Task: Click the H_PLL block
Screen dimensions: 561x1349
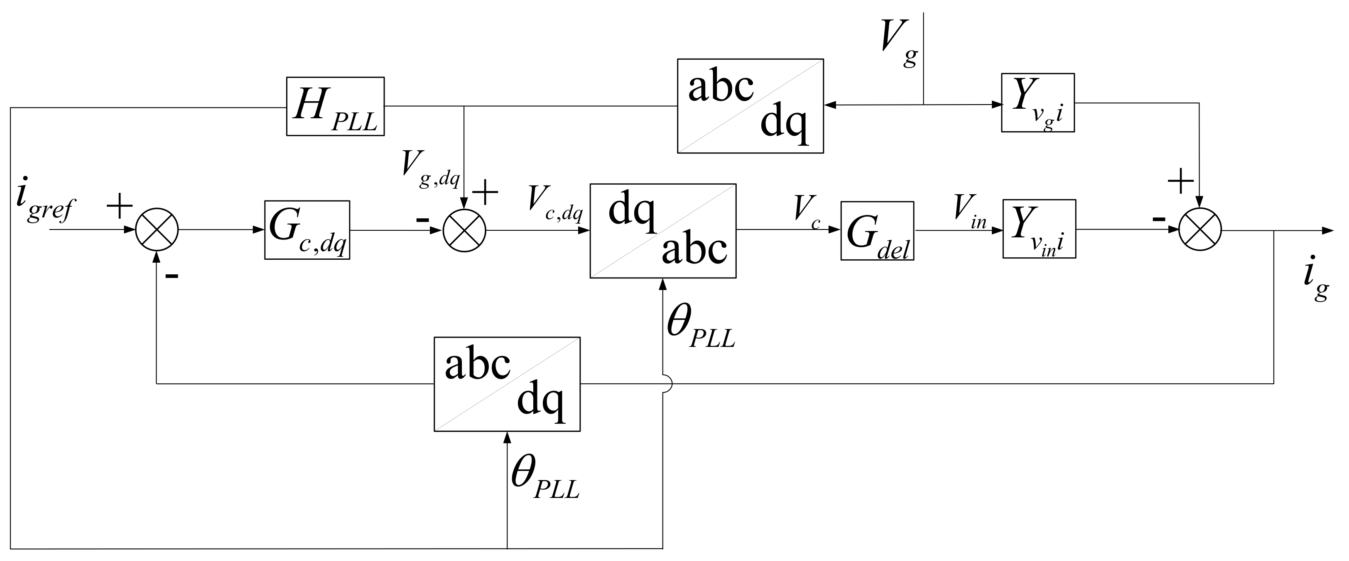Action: (x=335, y=106)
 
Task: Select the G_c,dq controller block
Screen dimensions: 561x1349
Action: (x=307, y=230)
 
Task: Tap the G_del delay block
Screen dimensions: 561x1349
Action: (x=877, y=231)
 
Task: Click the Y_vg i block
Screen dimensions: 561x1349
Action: (x=1038, y=102)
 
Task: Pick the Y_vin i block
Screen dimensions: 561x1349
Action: (x=1040, y=229)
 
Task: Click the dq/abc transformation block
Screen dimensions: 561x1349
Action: (x=663, y=231)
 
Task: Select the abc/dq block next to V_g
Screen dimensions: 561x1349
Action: (x=750, y=106)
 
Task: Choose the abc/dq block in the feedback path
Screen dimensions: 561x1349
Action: (x=507, y=384)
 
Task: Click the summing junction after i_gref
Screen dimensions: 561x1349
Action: (x=157, y=230)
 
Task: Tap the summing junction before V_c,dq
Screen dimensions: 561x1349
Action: (x=464, y=230)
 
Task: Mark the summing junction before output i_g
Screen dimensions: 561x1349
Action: (x=1200, y=230)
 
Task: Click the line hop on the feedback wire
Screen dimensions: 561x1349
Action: (x=666, y=383)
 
